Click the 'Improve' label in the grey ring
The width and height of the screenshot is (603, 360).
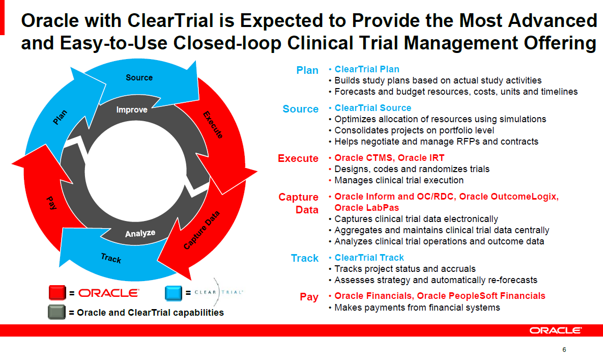coord(132,109)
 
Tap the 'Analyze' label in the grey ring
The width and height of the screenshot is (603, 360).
coord(140,234)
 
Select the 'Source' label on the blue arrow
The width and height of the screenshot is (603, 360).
coord(139,77)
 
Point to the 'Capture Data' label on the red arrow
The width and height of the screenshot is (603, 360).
coord(202,232)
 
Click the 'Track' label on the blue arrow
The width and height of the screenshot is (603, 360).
coord(111,258)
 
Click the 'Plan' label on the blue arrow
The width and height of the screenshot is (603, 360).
coord(60,118)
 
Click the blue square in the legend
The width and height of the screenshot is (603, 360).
coord(174,293)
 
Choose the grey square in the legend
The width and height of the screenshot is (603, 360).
coord(57,312)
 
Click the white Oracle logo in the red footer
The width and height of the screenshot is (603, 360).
coord(556,330)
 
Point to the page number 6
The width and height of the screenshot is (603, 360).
coord(564,349)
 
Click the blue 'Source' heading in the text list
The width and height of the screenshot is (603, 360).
coord(300,109)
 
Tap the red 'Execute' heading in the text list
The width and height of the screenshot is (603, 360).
coord(298,158)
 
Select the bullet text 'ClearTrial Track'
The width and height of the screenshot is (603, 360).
coord(369,258)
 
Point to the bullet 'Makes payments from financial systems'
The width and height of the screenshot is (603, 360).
coord(417,307)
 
